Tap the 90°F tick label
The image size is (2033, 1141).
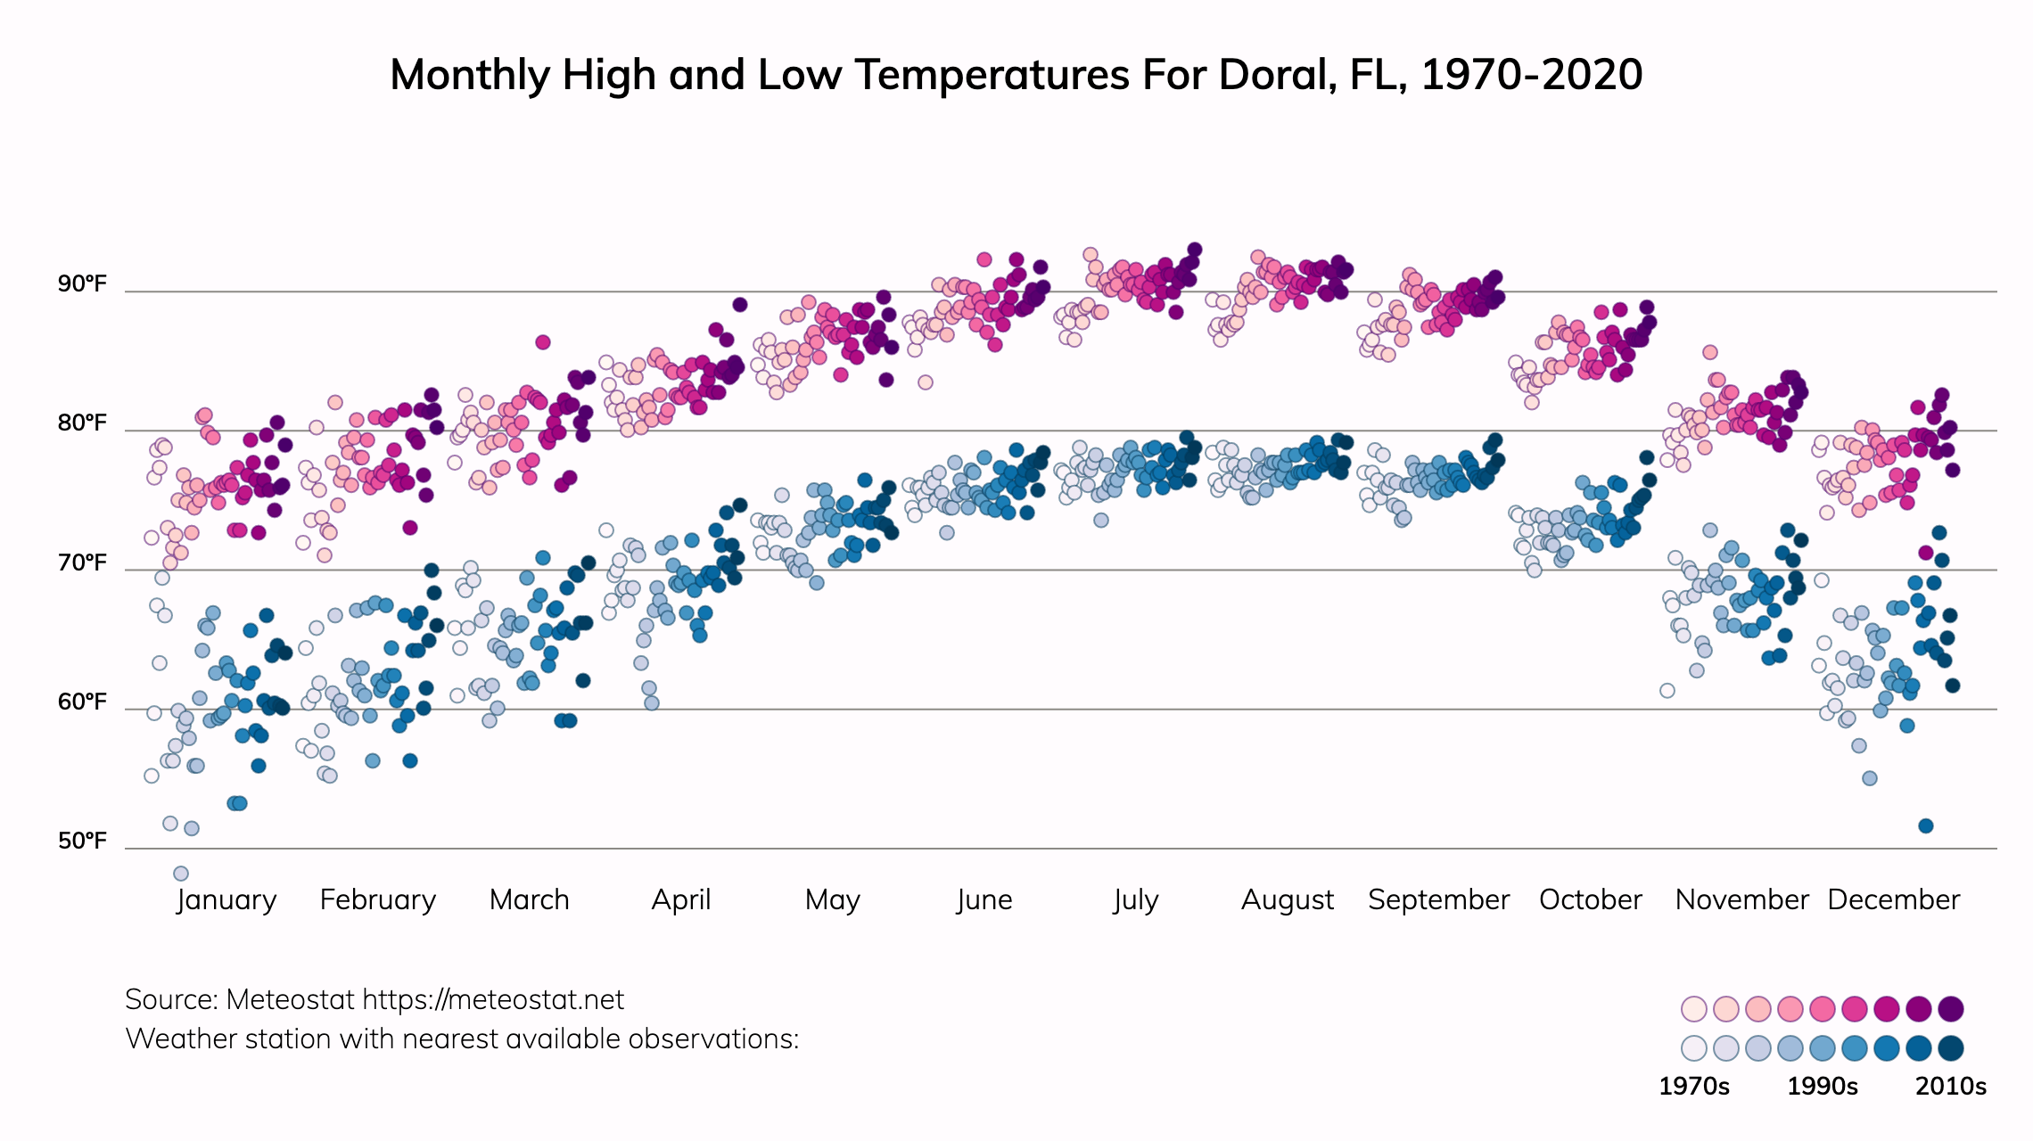tap(82, 284)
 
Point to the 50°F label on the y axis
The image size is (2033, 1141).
tap(82, 841)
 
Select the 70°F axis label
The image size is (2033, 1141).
tap(82, 563)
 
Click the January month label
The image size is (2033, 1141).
tap(226, 900)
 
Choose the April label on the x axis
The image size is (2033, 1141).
tap(681, 900)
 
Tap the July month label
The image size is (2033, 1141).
tap(1135, 900)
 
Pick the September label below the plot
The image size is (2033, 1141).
tap(1438, 900)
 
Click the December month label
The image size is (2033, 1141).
tap(1893, 900)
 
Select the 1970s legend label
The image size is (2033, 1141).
tap(1693, 1087)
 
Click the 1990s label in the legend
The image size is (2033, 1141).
tap(1823, 1087)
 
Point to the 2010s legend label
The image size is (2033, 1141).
tap(1951, 1087)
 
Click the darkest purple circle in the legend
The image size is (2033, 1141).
tap(1951, 1009)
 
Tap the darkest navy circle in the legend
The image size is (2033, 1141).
tap(1951, 1048)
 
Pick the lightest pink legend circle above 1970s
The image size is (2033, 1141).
tap(1693, 1009)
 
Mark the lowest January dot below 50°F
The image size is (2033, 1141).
tap(181, 874)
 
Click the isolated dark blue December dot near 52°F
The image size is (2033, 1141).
tap(1926, 826)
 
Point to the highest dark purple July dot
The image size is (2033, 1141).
tap(1195, 250)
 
